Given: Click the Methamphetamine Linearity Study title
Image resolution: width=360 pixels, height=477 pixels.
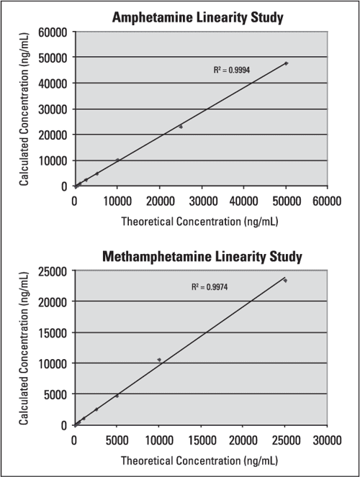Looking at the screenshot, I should [x=202, y=256].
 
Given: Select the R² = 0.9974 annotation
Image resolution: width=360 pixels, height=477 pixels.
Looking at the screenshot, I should [x=210, y=286].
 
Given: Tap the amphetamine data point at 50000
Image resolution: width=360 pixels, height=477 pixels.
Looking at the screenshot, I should [x=286, y=63].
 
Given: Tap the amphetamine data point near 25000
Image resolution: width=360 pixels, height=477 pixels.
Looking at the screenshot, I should [x=181, y=127].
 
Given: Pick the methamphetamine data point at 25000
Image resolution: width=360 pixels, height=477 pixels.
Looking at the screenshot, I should [x=285, y=281].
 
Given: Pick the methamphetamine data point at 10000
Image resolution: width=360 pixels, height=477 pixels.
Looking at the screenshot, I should [x=159, y=360].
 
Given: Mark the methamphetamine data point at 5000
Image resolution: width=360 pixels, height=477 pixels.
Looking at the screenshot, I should [x=117, y=395].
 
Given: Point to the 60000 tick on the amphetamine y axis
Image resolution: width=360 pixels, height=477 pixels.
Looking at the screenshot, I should [x=54, y=32].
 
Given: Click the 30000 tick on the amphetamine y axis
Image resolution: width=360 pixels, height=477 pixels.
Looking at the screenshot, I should [x=54, y=109].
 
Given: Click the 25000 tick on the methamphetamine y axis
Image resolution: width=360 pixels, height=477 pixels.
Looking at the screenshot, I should [x=54, y=271].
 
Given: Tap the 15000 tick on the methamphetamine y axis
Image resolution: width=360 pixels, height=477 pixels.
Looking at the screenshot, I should [x=54, y=333].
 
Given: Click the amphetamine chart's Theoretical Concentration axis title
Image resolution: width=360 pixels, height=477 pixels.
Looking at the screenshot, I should [x=202, y=221].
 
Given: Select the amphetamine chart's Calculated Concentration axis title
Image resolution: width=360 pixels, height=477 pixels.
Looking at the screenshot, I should [x=24, y=109].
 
